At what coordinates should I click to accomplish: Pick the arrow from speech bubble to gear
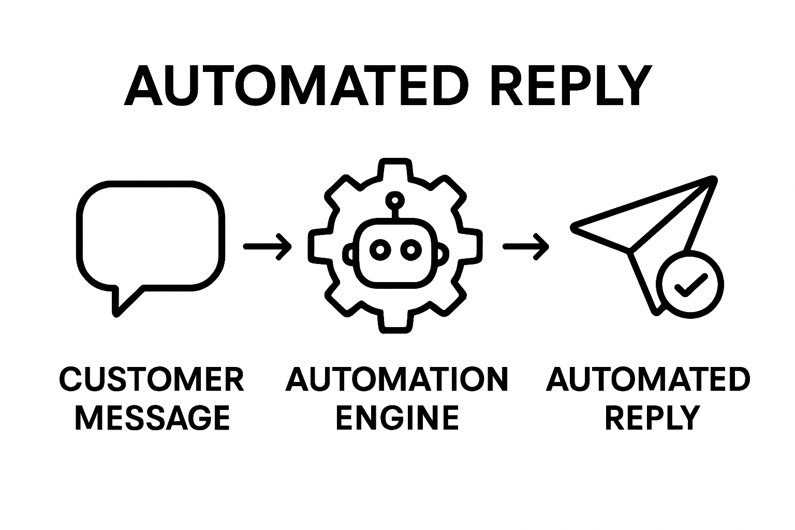click(267, 246)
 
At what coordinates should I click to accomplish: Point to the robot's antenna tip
click(395, 199)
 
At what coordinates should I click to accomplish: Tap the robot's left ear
click(349, 254)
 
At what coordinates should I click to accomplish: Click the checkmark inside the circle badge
click(690, 284)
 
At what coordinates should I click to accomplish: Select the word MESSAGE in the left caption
click(153, 417)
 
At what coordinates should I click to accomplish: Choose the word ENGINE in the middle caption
click(397, 417)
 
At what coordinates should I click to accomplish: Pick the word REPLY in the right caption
click(652, 417)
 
